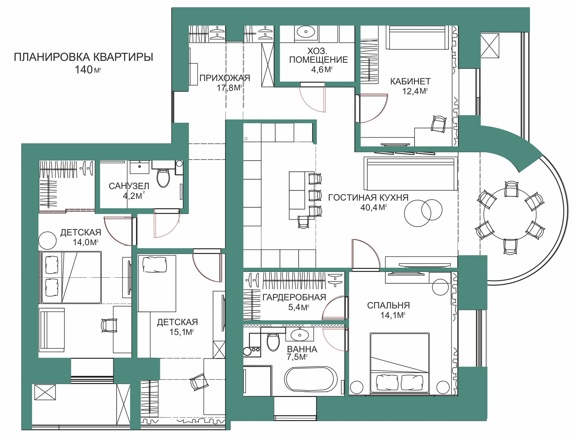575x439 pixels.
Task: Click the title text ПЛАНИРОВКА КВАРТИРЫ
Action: click(84, 57)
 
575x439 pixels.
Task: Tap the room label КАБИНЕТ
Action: click(410, 81)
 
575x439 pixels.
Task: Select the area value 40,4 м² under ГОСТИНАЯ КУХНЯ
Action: click(373, 207)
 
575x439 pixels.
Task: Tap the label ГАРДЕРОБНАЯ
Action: click(294, 297)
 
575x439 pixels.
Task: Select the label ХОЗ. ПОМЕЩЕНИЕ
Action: click(318, 55)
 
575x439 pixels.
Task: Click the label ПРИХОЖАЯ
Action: click(225, 78)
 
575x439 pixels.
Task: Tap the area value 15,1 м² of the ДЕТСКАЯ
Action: click(181, 332)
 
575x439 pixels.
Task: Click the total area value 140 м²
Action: click(88, 70)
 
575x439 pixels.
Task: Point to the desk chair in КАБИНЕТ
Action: click(438, 123)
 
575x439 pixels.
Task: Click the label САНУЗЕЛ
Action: click(129, 186)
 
